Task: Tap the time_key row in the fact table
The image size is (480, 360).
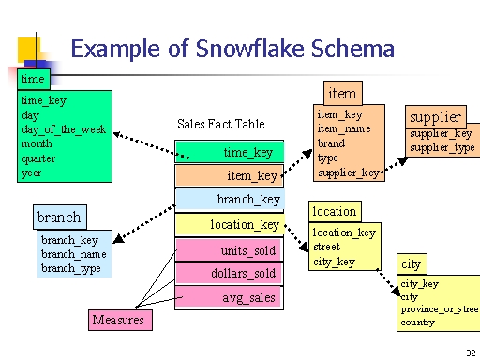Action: click(x=229, y=152)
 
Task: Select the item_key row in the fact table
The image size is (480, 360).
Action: click(x=229, y=175)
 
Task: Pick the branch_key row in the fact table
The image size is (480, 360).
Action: click(x=229, y=199)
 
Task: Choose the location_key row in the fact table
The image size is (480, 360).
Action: click(x=229, y=224)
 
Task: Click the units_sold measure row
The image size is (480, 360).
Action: click(x=229, y=250)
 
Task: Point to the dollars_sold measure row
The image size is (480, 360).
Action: click(x=229, y=273)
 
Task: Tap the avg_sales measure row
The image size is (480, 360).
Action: click(x=229, y=297)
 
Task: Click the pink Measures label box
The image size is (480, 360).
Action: click(x=118, y=321)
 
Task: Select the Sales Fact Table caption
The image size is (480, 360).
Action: click(x=221, y=124)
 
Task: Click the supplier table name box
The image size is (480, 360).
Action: click(x=435, y=117)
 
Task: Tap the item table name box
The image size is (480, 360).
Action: click(x=341, y=93)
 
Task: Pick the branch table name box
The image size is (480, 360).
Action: click(x=59, y=217)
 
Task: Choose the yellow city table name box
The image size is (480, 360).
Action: click(x=411, y=263)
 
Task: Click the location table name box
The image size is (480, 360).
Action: click(x=335, y=211)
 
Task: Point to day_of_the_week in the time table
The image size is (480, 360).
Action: click(x=64, y=128)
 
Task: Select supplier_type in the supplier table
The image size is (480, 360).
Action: click(x=442, y=148)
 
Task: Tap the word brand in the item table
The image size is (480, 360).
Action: click(x=331, y=143)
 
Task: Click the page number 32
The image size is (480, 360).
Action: click(x=470, y=352)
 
